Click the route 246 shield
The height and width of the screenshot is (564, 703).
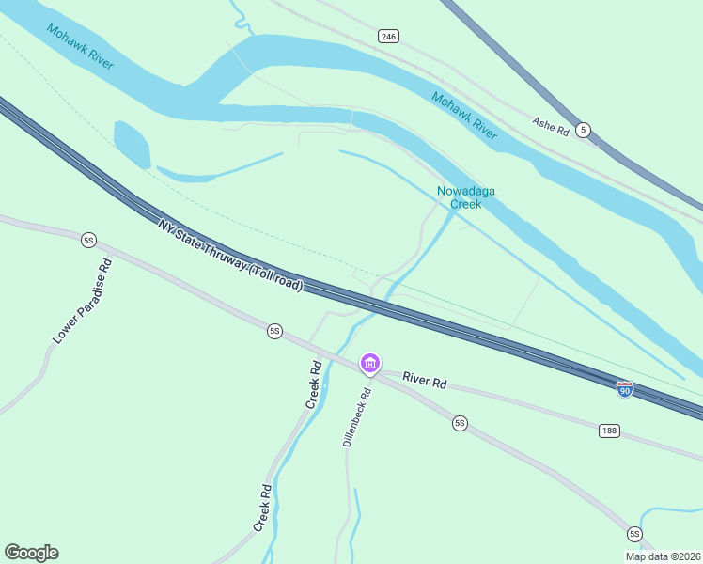(x=389, y=36)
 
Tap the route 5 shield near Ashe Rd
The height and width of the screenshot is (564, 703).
(x=584, y=130)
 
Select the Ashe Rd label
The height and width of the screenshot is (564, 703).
(x=551, y=127)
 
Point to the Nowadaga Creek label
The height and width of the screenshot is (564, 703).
(x=466, y=197)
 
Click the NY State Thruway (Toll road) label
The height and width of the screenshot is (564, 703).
(x=230, y=255)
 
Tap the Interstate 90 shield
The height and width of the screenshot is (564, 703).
(x=625, y=388)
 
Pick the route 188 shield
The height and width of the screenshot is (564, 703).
(x=609, y=430)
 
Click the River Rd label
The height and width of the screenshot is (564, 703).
(x=425, y=381)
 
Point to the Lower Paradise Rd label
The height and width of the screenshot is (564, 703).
(x=83, y=300)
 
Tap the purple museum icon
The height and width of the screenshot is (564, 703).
(x=370, y=364)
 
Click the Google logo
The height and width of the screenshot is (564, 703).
(x=31, y=553)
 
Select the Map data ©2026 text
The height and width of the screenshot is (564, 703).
(x=663, y=556)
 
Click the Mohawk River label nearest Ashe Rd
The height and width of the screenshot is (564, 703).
(x=464, y=115)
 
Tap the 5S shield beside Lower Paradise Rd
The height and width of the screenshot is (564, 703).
(x=89, y=241)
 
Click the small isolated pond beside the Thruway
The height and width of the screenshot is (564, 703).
(x=132, y=144)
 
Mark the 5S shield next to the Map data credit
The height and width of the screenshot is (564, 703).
(x=635, y=534)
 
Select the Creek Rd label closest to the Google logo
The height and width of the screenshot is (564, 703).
(x=263, y=509)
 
